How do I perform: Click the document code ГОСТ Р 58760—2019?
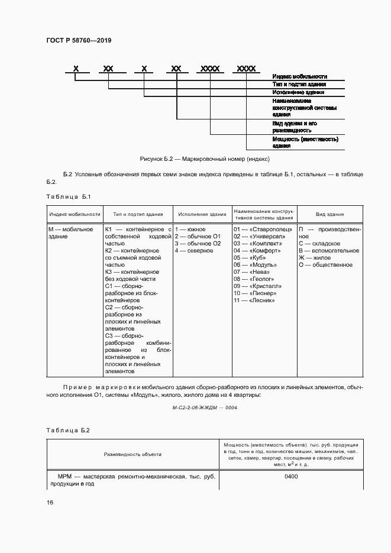point(79,40)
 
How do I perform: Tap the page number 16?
point(50,502)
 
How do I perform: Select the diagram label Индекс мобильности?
point(300,77)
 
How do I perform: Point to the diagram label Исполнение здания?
point(298,92)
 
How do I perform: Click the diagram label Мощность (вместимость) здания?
point(305,143)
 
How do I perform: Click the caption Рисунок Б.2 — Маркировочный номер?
point(205,159)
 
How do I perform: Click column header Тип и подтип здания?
point(137,215)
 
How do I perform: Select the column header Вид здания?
point(329,215)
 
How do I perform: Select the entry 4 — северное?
point(194,251)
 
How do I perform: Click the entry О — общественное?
point(325,265)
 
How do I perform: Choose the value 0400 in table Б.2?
point(291,476)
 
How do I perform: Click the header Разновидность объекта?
point(133,454)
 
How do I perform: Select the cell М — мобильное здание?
point(71,232)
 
